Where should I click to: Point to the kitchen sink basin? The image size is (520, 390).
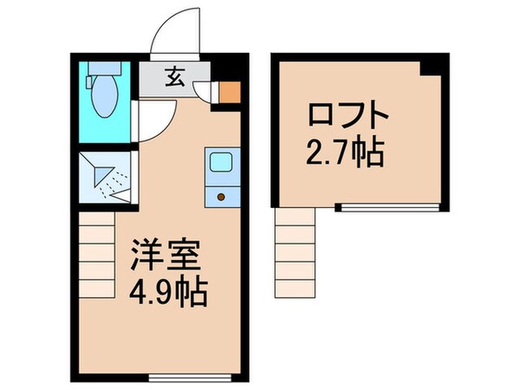point(218,162)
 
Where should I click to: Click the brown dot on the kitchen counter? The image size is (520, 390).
point(219,197)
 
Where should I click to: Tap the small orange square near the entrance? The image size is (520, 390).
point(228,91)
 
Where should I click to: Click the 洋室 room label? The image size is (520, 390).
point(166,257)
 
